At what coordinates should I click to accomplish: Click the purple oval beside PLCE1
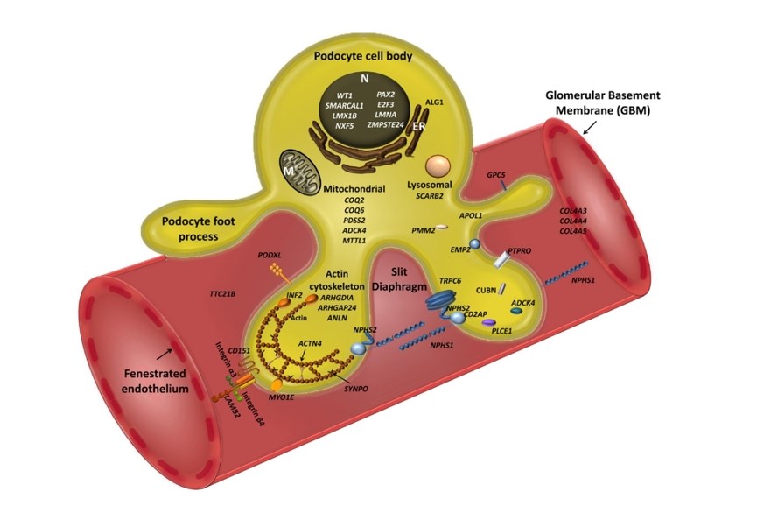488,323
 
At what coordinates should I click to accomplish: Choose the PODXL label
270,254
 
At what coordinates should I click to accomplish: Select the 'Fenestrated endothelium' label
152,381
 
